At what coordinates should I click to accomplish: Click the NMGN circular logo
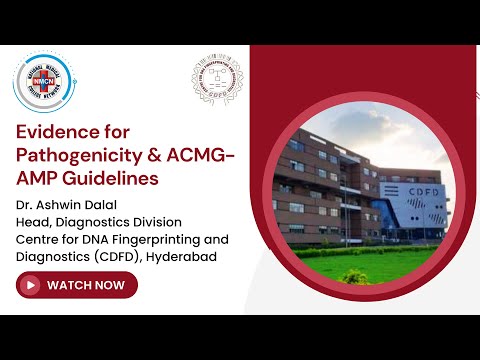[x=46, y=82]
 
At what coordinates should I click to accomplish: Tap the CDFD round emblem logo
[x=216, y=81]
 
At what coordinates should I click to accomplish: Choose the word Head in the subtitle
[x=32, y=223]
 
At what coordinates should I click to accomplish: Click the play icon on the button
[x=31, y=285]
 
